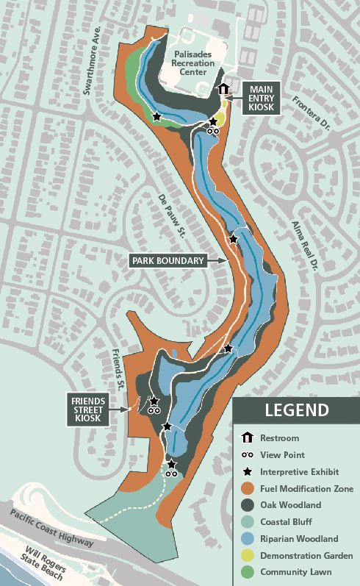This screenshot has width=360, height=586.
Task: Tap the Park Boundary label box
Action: (168, 260)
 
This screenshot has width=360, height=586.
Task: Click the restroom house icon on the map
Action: (223, 89)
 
